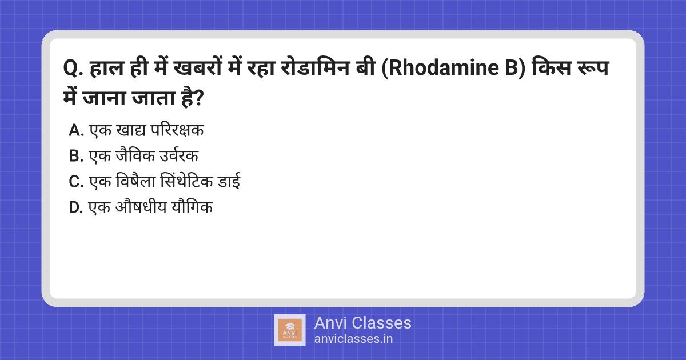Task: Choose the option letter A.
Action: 76,131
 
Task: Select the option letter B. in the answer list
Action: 76,157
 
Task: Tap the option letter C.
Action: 76,182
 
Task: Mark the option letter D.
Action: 76,208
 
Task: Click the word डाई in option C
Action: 229,182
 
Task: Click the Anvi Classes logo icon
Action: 290,330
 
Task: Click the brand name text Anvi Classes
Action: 362,323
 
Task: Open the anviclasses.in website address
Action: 353,338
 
